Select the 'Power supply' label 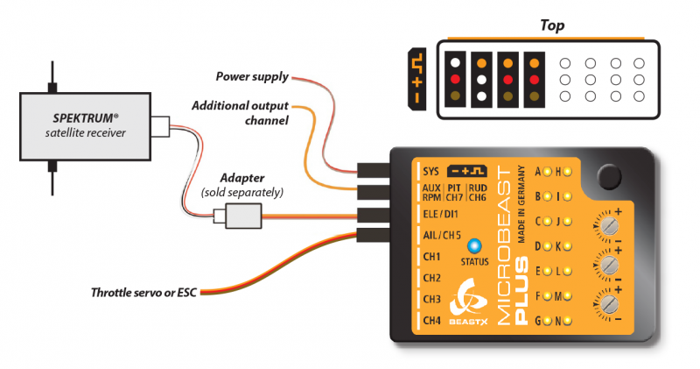pos(254,77)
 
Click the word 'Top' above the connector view pos(552,25)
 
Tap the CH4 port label pos(431,321)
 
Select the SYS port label pos(430,172)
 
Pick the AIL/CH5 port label pos(443,235)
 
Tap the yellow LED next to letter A pos(551,171)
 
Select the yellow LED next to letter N pos(567,321)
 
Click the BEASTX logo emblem pos(465,303)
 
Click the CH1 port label pos(431,257)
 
